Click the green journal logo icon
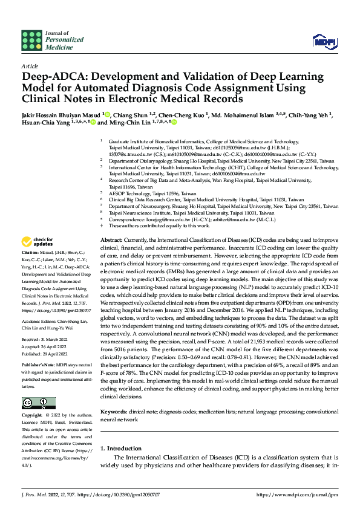[x=31, y=41]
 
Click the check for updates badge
[x=38, y=241]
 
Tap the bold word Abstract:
[x=113, y=240]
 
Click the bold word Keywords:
[x=114, y=412]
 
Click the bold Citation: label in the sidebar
[x=30, y=251]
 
